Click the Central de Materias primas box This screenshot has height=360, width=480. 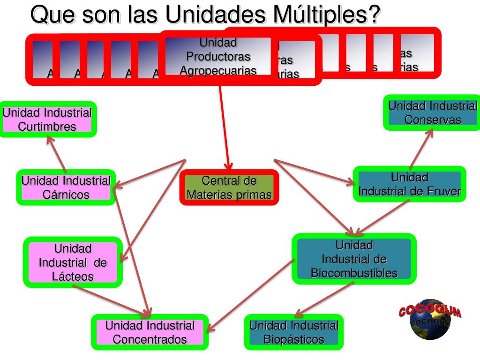229,187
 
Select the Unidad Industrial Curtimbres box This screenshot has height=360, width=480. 47,120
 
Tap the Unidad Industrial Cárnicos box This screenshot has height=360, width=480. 66,187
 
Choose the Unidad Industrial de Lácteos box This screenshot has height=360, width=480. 73,262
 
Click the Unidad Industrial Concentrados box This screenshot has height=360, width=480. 150,332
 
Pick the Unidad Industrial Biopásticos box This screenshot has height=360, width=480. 294,332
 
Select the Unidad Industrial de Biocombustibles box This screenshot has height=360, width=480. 354,259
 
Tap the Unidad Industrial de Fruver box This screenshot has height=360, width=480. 409,184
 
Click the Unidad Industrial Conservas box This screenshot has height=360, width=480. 432,112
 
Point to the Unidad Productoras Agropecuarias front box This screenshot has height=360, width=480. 218,57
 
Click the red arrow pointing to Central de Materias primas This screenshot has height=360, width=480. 224,127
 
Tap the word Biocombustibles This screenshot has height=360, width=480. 354,273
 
